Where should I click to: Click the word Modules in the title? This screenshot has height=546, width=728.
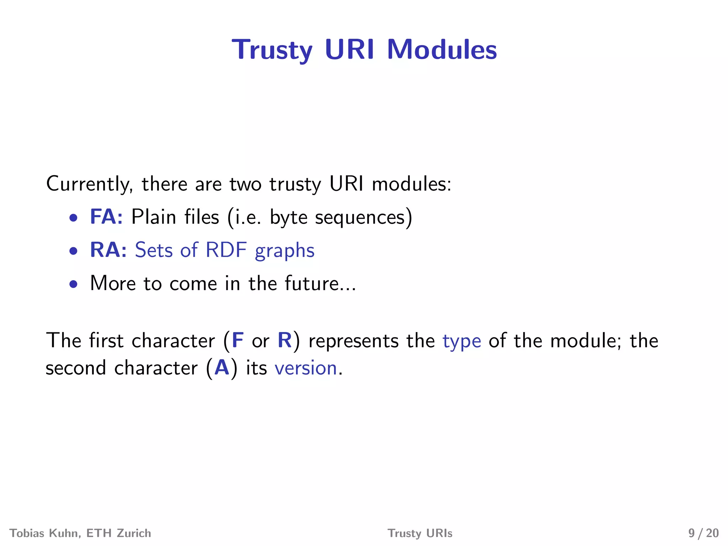pyautogui.click(x=441, y=49)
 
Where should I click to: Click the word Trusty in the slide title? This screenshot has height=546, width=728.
pyautogui.click(x=272, y=50)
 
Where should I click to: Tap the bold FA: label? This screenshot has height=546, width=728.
pyautogui.click(x=106, y=216)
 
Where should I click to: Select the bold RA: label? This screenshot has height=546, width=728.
pyautogui.click(x=108, y=250)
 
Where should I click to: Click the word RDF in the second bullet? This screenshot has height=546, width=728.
pyautogui.click(x=226, y=250)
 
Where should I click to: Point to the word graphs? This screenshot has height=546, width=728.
pyautogui.click(x=284, y=251)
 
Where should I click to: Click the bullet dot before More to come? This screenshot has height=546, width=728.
pyautogui.click(x=74, y=284)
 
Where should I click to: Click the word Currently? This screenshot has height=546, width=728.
pyautogui.click(x=90, y=184)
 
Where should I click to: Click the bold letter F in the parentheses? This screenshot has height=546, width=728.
pyautogui.click(x=237, y=340)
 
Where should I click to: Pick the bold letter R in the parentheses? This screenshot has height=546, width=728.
pyautogui.click(x=284, y=340)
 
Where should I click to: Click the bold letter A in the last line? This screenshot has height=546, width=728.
pyautogui.click(x=222, y=368)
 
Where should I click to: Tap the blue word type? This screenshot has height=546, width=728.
pyautogui.click(x=461, y=341)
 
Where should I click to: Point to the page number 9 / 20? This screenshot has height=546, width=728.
pyautogui.click(x=703, y=533)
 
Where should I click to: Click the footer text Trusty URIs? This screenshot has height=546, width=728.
pyautogui.click(x=420, y=533)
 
